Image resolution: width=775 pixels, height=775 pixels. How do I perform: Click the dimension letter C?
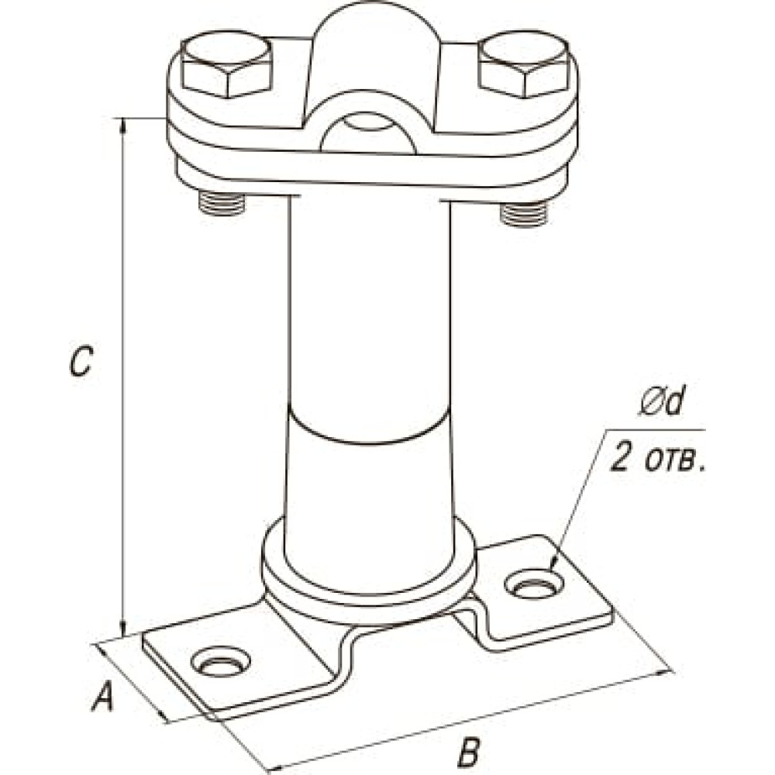[x=81, y=362]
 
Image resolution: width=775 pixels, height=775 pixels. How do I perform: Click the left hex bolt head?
[x=226, y=67]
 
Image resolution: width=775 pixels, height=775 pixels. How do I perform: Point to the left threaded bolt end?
[x=223, y=203]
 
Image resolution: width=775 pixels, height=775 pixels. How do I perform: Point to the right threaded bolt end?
[x=525, y=212]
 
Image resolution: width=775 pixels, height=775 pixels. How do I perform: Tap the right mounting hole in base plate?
[x=534, y=587]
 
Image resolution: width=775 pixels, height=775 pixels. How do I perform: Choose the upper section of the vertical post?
[x=368, y=302]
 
